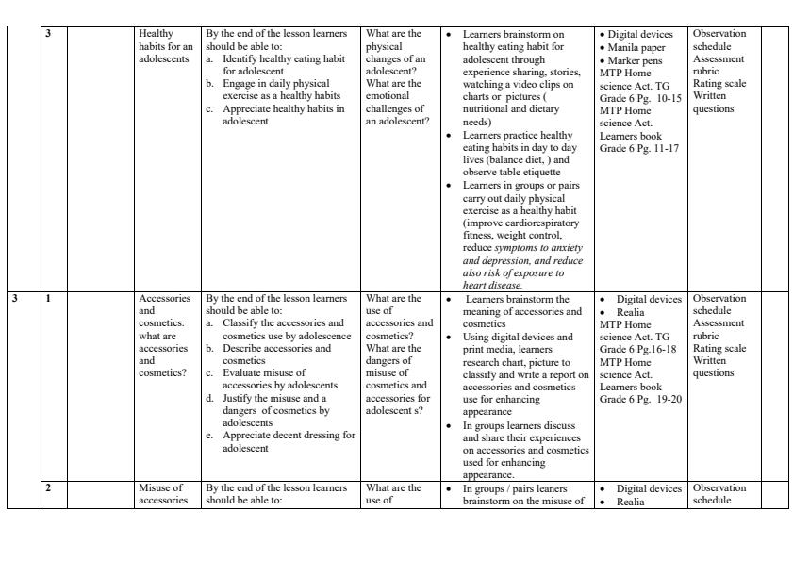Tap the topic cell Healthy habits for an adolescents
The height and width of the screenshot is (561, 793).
click(165, 46)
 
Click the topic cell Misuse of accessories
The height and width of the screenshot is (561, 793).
click(164, 494)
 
